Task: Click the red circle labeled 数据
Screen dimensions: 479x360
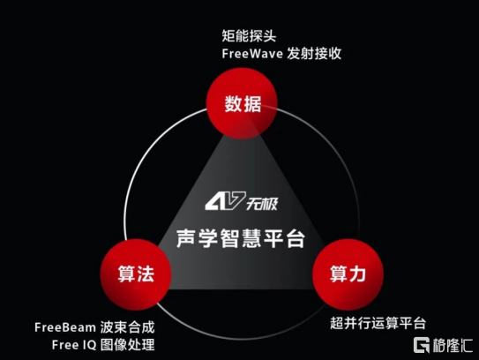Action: point(242,103)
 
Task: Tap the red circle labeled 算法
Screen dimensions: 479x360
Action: point(136,274)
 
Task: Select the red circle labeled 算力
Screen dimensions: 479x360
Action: point(348,274)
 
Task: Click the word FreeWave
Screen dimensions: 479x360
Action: point(252,54)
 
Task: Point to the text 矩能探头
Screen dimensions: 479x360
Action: point(249,36)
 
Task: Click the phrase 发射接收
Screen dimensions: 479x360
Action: point(314,54)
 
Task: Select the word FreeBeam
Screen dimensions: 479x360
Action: point(65,327)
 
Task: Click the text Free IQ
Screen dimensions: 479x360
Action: point(74,345)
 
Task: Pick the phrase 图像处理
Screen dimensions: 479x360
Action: point(127,345)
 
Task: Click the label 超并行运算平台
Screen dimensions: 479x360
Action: point(378,323)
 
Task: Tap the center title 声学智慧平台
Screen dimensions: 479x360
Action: point(241,238)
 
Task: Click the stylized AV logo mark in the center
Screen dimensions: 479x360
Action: point(225,201)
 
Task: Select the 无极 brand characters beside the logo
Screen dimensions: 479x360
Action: point(262,204)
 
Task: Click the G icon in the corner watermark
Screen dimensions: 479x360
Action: point(422,345)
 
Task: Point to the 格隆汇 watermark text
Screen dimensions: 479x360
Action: point(453,345)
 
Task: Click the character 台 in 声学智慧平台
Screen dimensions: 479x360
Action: point(296,238)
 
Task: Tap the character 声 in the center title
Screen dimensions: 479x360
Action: point(186,238)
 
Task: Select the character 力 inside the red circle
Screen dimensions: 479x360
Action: point(357,274)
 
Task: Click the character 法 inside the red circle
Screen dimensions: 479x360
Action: point(146,274)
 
